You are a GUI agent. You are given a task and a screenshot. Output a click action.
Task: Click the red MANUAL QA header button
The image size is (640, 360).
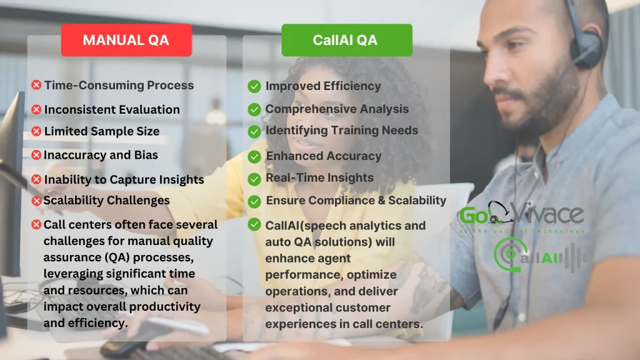[126, 40]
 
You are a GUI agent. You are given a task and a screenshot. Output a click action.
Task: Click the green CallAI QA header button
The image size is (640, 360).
[346, 40]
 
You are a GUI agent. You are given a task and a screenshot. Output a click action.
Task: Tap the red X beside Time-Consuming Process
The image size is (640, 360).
[36, 85]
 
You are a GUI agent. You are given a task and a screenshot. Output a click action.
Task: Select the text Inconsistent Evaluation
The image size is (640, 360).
[112, 109]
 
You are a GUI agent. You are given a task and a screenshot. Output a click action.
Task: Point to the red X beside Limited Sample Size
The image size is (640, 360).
[36, 131]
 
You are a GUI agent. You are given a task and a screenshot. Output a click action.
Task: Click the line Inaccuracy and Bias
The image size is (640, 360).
[101, 154]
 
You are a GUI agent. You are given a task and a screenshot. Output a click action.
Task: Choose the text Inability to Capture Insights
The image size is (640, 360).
[124, 179]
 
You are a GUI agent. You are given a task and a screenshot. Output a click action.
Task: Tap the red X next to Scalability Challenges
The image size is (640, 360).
[36, 201]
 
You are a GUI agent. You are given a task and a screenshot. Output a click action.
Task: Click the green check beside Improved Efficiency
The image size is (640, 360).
[254, 86]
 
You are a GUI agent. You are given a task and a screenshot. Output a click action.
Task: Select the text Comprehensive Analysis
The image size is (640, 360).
[337, 109]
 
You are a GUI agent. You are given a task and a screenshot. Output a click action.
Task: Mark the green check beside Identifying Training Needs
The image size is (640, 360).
[254, 131]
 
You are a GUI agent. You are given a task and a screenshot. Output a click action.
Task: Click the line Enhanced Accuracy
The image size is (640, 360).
[323, 156]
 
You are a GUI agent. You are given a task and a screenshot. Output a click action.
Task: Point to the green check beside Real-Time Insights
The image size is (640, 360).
[254, 179]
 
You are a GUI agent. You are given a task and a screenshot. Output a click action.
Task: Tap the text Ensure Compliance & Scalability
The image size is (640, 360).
[356, 201]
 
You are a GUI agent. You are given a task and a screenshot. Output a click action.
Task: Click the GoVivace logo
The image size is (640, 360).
[521, 216]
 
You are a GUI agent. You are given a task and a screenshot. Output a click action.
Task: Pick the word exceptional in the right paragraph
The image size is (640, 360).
[294, 307]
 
